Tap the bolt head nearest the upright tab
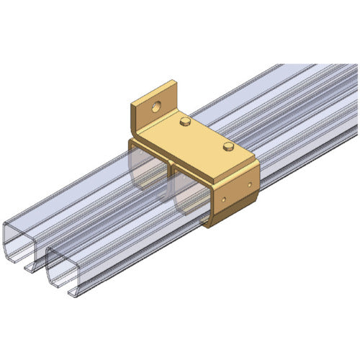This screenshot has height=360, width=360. coord(186,122)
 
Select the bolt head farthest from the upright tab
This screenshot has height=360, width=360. coord(229,148)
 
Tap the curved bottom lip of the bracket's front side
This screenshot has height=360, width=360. coord(220,220)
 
